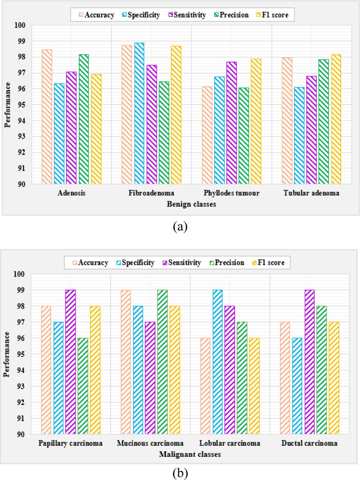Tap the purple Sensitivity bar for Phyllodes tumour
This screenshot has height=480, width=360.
coord(231,123)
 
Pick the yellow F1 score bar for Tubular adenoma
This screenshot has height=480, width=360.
coord(336,119)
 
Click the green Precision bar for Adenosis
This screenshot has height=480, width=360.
coord(84,119)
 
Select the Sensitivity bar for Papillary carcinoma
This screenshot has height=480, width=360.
coord(70,362)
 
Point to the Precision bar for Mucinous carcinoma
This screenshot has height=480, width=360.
coord(162,362)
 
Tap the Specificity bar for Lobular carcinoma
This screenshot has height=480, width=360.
coord(217,362)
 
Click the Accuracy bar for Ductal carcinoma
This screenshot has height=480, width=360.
coord(285,378)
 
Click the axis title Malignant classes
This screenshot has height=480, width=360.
coord(190,454)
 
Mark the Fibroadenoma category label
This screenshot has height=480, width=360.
coord(151,193)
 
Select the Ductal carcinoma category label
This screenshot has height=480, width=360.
coord(309,443)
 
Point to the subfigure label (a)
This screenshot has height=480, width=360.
coord(180,227)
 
